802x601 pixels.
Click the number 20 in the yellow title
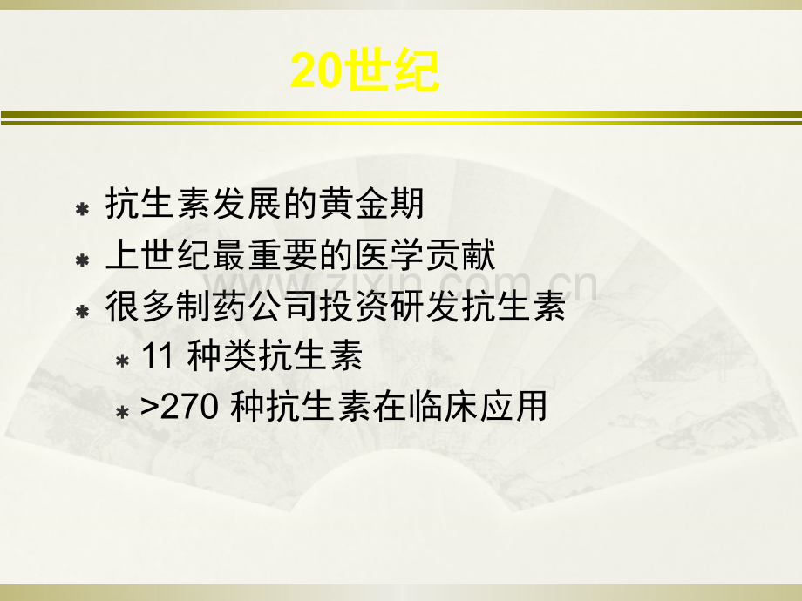[315, 70]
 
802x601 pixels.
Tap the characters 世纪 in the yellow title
[391, 70]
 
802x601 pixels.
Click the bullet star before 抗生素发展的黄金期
[82, 209]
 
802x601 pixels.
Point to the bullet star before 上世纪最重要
[82, 260]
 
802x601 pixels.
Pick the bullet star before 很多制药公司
[82, 311]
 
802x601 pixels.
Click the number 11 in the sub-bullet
[157, 355]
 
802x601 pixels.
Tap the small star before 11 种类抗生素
[122, 361]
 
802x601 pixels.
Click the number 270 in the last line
[190, 407]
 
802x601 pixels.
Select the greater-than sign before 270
[149, 408]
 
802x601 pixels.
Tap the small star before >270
[122, 411]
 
